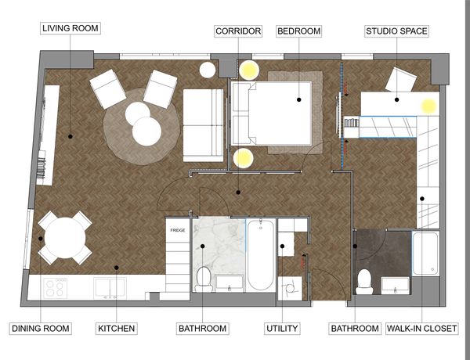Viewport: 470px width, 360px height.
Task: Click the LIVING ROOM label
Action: point(70,28)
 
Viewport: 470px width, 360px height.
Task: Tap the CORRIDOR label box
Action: point(238,31)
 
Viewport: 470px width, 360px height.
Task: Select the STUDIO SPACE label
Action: point(396,31)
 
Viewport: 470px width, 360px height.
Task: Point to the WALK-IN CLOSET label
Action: point(421,329)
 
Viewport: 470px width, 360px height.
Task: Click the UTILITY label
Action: point(282,329)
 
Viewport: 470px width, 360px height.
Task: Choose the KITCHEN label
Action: point(116,329)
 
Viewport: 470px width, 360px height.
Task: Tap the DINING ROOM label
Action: point(41,329)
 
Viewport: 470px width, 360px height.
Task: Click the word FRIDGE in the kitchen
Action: point(178,230)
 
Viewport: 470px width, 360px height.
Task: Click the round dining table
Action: point(65,238)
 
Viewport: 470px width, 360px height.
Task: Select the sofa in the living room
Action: point(204,125)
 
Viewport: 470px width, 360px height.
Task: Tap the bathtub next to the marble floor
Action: point(261,255)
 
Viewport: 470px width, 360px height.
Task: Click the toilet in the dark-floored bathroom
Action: point(364,282)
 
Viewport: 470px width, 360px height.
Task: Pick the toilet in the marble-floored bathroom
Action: point(204,279)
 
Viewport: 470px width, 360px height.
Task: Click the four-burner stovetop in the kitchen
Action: point(56,289)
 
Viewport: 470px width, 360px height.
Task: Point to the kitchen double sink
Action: point(110,288)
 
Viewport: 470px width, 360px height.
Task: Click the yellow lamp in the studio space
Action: point(429,106)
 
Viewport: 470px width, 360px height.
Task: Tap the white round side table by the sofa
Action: point(208,70)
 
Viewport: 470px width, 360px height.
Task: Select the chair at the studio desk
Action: point(401,80)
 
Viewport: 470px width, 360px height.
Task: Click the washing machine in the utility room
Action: point(290,289)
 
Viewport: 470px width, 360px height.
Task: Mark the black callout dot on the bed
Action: point(299,99)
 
